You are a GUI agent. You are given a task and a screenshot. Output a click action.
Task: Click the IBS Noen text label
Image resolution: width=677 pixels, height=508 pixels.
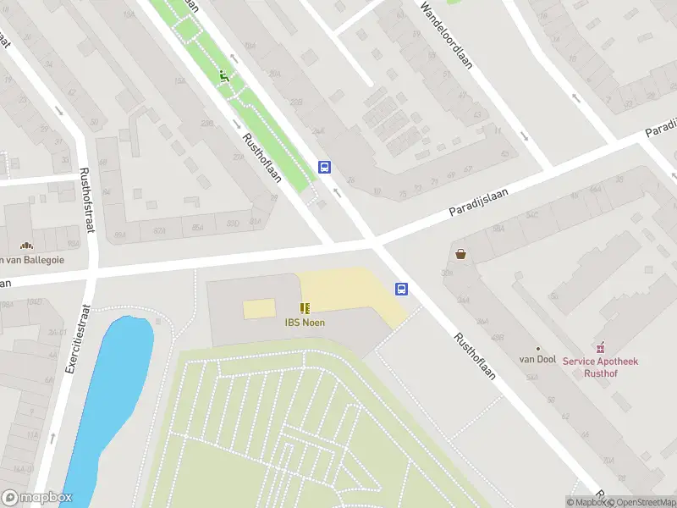305,322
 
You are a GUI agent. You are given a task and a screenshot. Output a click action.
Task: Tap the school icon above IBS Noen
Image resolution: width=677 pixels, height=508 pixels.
305,308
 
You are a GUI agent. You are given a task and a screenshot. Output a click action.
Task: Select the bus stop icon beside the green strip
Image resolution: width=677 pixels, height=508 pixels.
324,168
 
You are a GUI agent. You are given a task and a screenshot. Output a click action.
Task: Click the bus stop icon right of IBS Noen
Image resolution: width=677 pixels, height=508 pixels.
402,289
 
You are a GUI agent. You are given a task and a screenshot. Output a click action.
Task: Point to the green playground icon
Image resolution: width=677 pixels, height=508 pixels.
224,76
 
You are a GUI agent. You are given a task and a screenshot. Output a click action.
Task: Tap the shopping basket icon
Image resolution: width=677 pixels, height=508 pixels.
460,253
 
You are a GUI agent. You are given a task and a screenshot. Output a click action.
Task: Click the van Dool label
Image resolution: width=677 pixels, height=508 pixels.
537,359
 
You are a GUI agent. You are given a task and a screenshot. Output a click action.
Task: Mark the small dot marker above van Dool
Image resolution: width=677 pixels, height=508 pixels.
537,348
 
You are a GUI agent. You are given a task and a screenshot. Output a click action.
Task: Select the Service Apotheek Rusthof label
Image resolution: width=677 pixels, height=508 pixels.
601,367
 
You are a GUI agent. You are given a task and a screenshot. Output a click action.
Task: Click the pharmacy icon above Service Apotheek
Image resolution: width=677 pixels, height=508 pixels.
601,347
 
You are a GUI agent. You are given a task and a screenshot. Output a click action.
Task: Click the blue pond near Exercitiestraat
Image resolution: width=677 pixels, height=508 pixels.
114,389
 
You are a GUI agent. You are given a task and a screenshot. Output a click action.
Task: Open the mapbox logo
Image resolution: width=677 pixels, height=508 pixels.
37,498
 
